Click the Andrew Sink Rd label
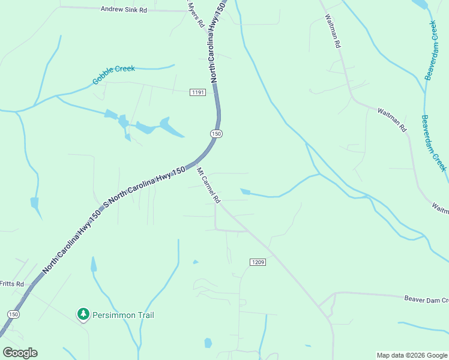coord(124,9)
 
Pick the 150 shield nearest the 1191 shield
coord(217,133)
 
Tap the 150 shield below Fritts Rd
coord(13,314)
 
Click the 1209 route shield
coord(257,262)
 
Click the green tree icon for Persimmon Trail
coord(83,314)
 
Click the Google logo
coord(20,353)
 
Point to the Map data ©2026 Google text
coord(412,355)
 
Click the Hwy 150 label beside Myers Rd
coord(217,42)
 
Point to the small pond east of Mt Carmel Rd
coord(244,191)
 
